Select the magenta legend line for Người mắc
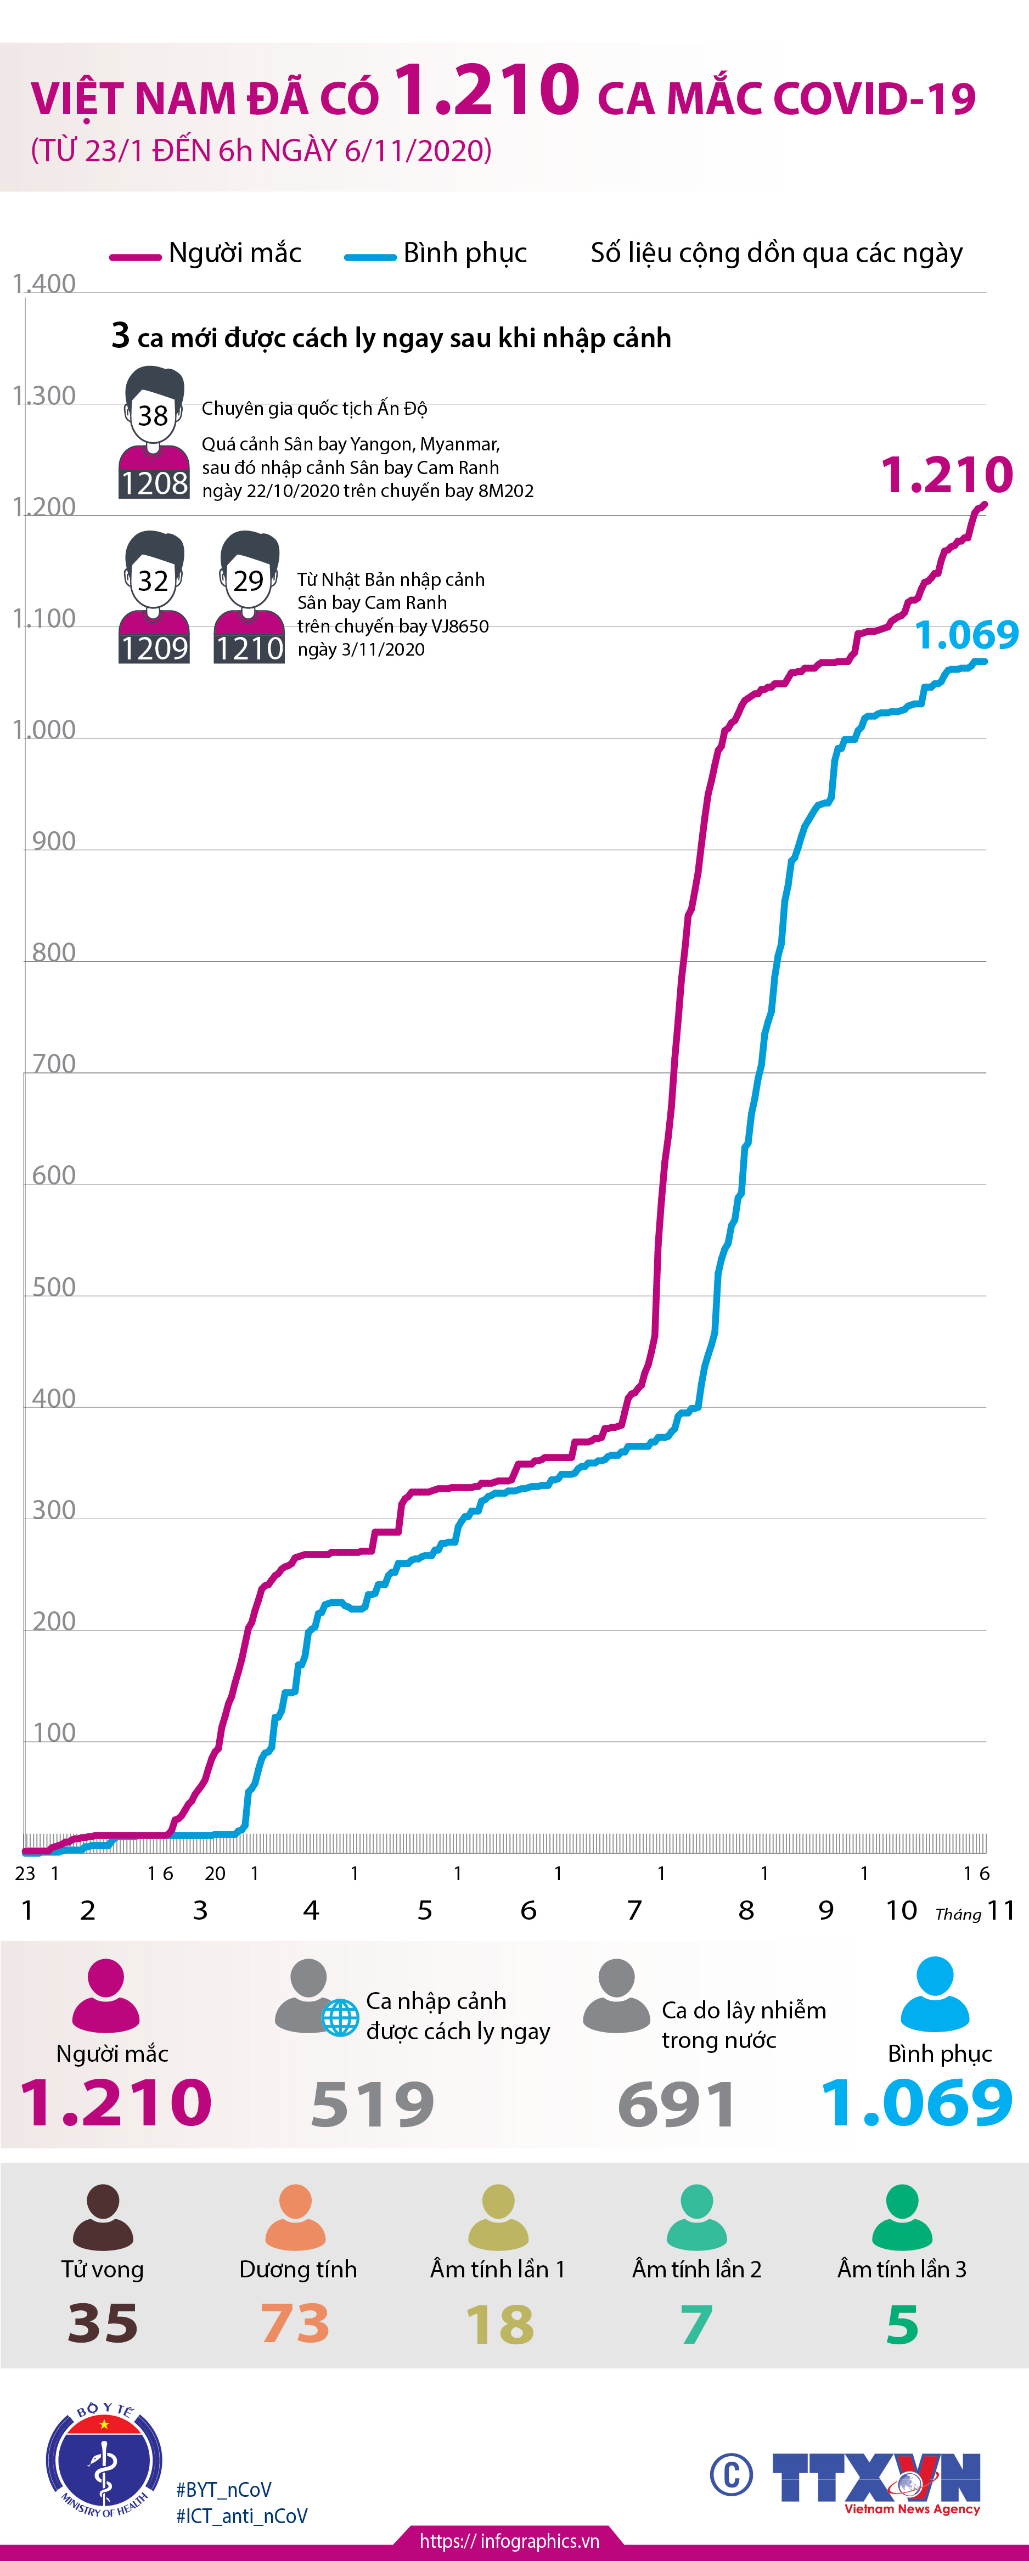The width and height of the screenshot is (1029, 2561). pyautogui.click(x=134, y=257)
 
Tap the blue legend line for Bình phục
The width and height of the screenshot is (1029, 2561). pyautogui.click(x=370, y=257)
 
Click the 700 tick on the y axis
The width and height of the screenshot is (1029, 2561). pyautogui.click(x=54, y=1065)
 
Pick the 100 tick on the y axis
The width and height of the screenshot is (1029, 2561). pyautogui.click(x=54, y=1733)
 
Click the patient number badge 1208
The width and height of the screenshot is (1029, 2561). pyautogui.click(x=154, y=483)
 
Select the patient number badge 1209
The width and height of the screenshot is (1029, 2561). pyautogui.click(x=154, y=648)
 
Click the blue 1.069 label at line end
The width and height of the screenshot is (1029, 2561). pyautogui.click(x=966, y=634)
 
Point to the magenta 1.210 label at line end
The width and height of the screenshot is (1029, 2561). pyautogui.click(x=947, y=475)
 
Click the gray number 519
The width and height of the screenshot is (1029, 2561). pyautogui.click(x=373, y=2103)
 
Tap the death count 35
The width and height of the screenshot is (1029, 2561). pyautogui.click(x=103, y=2323)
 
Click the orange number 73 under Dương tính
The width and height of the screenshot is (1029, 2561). pyautogui.click(x=295, y=2323)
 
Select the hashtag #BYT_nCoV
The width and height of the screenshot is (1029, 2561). pyautogui.click(x=224, y=2490)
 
